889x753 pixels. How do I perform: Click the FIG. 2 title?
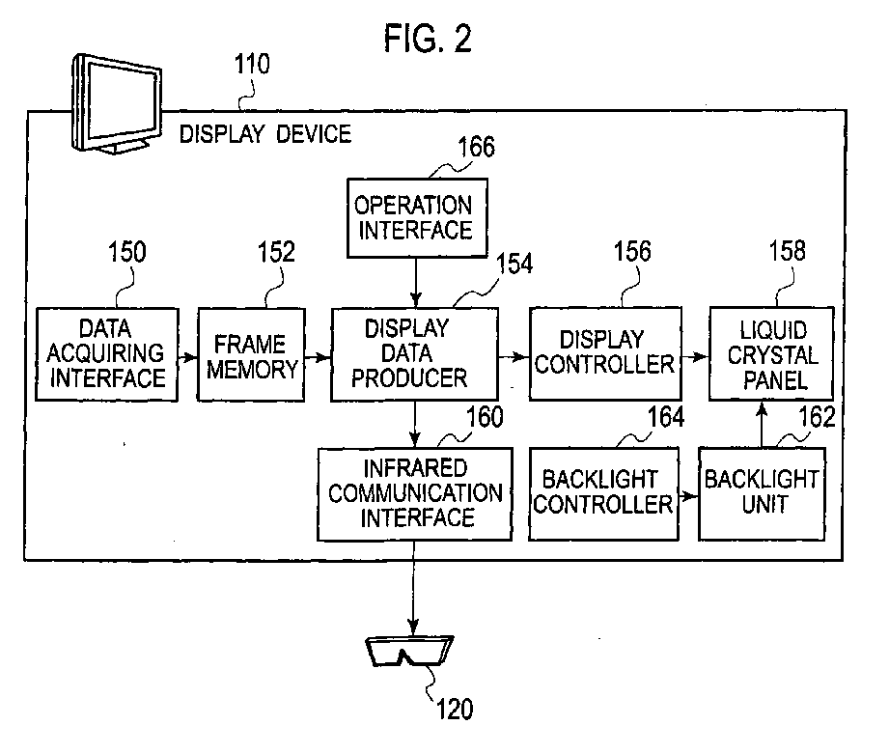click(428, 39)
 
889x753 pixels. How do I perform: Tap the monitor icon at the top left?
click(117, 103)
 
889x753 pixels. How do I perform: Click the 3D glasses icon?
click(409, 651)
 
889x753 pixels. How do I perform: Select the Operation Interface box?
click(417, 218)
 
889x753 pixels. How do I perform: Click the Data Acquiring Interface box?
click(106, 354)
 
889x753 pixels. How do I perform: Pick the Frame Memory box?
click(251, 354)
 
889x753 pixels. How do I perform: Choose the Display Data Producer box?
click(414, 354)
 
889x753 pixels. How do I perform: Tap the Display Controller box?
click(605, 354)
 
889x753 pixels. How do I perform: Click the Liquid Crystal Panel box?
click(771, 354)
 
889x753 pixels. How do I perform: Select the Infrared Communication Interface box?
click(415, 494)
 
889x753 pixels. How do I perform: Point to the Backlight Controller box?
click(604, 494)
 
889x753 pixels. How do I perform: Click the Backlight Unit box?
click(762, 494)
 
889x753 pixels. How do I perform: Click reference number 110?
click(252, 64)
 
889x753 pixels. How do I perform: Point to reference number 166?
click(476, 147)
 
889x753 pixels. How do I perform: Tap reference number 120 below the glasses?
click(455, 709)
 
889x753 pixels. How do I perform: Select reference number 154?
click(514, 264)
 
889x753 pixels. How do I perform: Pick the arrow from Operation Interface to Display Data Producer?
click(416, 283)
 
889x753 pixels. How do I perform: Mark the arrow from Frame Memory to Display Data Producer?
click(319, 357)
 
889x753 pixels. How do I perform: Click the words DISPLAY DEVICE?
click(265, 134)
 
